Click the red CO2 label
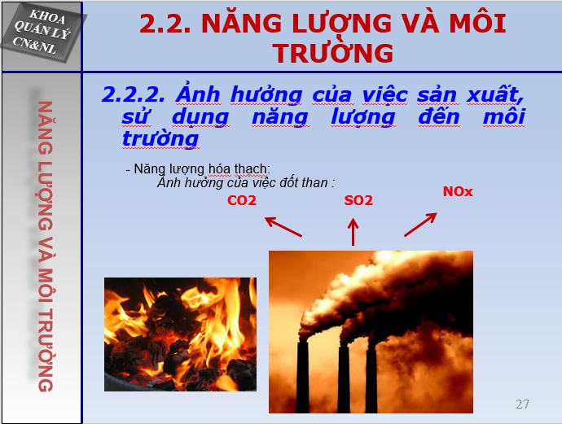242,200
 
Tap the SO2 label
358,200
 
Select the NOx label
458,191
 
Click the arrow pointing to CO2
283,227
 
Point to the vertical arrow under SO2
353,232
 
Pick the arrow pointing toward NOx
420,225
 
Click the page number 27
522,404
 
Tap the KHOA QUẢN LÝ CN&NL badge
42,33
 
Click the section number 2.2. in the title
165,24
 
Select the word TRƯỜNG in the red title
333,54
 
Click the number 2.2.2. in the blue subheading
133,95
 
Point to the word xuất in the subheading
495,94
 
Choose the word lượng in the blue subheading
362,117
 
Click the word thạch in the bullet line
251,169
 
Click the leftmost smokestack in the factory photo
302,377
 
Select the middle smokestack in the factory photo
344,379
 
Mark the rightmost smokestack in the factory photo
371,380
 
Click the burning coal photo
180,334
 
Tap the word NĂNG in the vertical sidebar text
45,128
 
